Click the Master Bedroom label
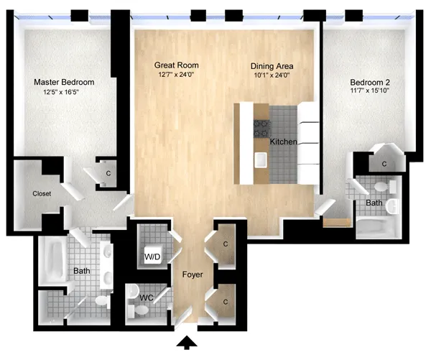click(64, 83)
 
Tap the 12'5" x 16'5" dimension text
click(64, 92)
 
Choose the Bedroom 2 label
click(369, 82)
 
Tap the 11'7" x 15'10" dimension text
click(369, 91)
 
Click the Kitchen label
click(283, 142)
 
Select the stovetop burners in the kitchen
click(261, 129)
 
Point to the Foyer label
click(192, 275)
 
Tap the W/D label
click(153, 255)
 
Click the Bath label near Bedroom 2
click(374, 203)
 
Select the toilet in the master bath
click(101, 300)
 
